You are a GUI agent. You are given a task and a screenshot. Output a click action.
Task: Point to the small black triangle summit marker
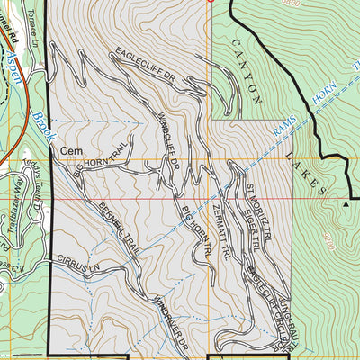[346, 204]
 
